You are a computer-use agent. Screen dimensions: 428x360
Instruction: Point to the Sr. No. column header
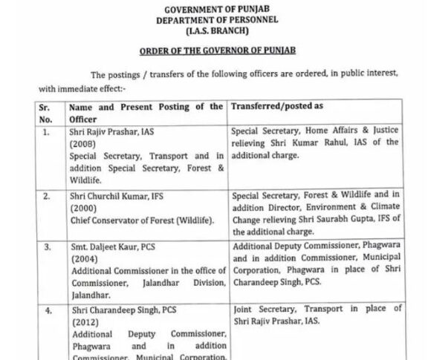pyautogui.click(x=46, y=113)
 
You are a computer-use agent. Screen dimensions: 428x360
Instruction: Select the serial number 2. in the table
pyautogui.click(x=46, y=197)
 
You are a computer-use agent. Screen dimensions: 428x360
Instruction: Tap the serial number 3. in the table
pyautogui.click(x=46, y=246)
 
